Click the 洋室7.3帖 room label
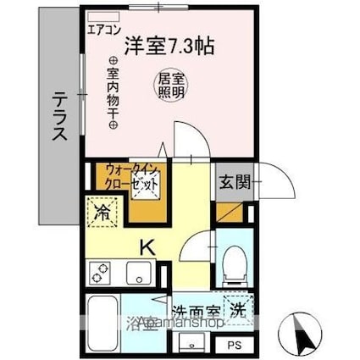[168, 45]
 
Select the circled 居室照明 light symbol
[168, 84]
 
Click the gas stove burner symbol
[102, 273]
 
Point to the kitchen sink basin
[136, 274]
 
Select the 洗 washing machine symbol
[238, 307]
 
